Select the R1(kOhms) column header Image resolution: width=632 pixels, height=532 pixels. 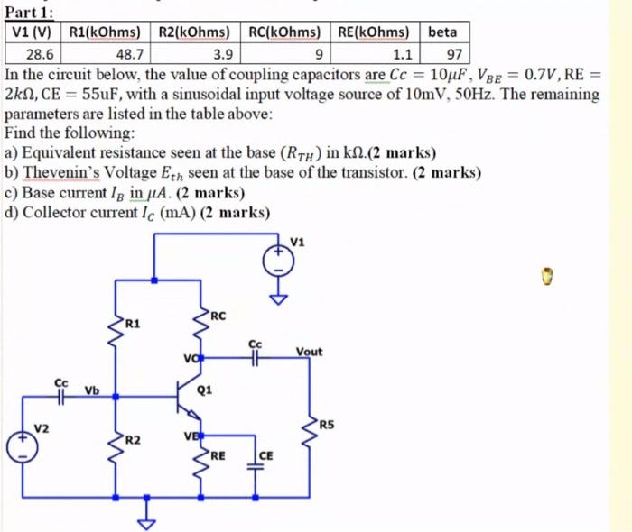(104, 32)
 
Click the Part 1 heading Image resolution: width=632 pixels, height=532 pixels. (29, 11)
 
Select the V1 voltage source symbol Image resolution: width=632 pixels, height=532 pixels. (279, 261)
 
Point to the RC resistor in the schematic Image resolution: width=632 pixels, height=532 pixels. (200, 328)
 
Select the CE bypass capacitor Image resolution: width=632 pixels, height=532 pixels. (254, 463)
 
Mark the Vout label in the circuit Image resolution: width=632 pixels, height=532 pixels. (308, 352)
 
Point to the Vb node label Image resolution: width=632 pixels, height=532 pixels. (91, 390)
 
